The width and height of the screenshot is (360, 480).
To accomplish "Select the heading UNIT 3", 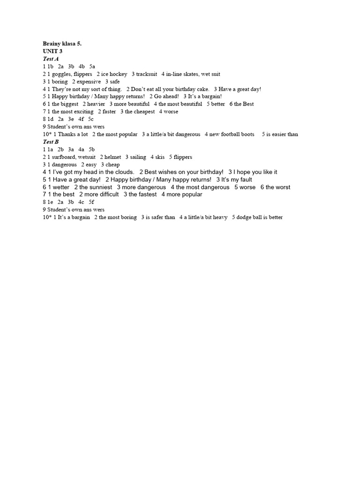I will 52,51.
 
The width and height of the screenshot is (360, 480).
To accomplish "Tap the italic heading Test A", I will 51,59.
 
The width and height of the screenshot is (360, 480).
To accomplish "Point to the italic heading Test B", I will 51,142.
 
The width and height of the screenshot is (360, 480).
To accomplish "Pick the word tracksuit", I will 147,74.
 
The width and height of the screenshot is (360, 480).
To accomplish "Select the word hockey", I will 118,74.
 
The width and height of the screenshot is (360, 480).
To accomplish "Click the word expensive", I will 89,82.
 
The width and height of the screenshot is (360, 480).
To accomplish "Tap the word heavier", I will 96,104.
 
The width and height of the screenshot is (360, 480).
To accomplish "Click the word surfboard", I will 64,157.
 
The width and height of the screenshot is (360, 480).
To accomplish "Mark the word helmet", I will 112,157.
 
